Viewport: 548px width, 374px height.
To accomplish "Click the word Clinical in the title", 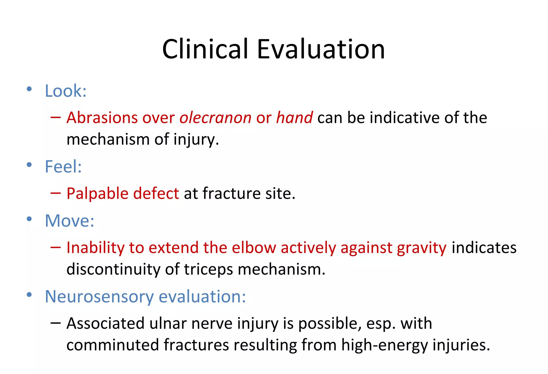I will (x=205, y=49).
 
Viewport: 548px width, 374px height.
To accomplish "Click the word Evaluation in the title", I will (x=321, y=49).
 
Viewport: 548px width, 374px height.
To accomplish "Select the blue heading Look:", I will (x=66, y=91).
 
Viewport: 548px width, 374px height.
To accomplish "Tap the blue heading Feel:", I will (x=63, y=167).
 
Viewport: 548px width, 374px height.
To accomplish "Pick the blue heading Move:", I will (x=70, y=221).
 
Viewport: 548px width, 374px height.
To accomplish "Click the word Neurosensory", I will (x=99, y=297).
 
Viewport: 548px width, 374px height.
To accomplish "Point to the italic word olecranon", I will (x=215, y=118).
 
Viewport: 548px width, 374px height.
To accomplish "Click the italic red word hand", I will (x=294, y=118).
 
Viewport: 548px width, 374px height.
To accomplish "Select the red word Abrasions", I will (x=102, y=118).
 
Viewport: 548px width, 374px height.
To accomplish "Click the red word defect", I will (x=156, y=194).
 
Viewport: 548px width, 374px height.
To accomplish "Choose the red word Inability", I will (x=96, y=248).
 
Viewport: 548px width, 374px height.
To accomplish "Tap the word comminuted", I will (x=112, y=345).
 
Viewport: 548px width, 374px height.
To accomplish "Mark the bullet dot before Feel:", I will (x=29, y=165).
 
